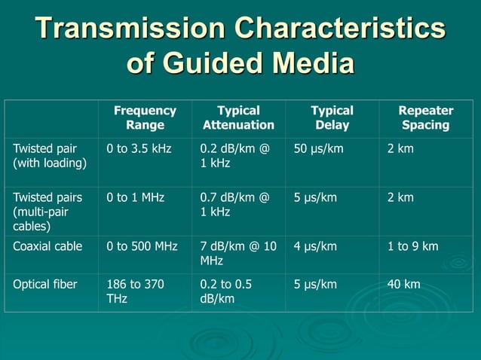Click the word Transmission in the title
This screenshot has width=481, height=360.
[129, 28]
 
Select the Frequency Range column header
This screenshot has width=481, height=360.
[145, 117]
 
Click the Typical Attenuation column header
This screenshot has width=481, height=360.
[238, 117]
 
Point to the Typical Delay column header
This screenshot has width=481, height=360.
[332, 117]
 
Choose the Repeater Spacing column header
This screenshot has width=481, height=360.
[425, 117]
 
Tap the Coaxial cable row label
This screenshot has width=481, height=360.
[48, 246]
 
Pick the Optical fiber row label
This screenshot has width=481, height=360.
[44, 284]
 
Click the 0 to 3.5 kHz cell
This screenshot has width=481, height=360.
[139, 149]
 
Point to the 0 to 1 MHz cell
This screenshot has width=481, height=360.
[136, 197]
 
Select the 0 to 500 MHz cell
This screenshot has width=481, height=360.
[142, 246]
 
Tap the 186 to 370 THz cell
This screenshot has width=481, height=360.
[136, 291]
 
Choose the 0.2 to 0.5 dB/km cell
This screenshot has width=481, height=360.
[226, 291]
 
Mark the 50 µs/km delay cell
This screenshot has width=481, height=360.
[318, 149]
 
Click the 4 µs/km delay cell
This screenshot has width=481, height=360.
[315, 246]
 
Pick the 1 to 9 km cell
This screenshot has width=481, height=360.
[412, 246]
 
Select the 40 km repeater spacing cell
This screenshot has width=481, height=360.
[403, 284]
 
